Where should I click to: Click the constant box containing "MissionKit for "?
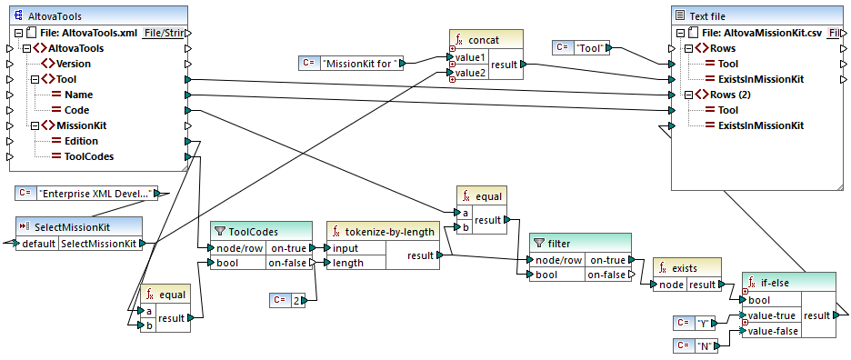(351, 63)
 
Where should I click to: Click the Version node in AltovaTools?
(73, 64)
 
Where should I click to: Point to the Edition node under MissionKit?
(81, 141)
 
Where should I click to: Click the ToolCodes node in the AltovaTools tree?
(89, 156)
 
